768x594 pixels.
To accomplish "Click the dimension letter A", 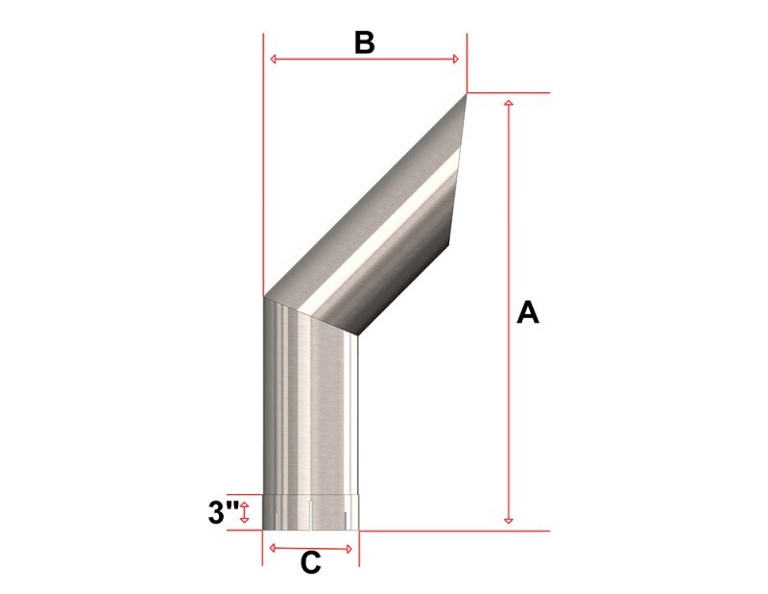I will [527, 312].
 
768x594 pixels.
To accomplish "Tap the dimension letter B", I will [364, 42].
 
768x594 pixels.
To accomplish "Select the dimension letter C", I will [310, 564].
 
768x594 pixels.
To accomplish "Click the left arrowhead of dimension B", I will [275, 60].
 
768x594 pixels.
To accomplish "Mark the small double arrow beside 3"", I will [245, 510].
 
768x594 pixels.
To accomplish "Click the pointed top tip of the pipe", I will [466, 93].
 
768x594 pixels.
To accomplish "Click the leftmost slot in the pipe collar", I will [277, 520].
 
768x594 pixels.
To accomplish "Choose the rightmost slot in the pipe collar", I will [347, 520].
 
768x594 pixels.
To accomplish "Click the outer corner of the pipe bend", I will [264, 296].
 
